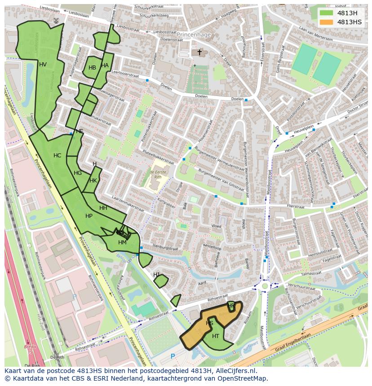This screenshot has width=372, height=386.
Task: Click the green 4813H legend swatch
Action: pyautogui.click(x=326, y=13)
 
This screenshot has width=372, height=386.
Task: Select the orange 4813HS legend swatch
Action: pyautogui.click(x=326, y=22)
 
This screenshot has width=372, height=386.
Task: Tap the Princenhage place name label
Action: pyautogui.click(x=193, y=34)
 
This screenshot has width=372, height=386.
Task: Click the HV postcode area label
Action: pyautogui.click(x=43, y=65)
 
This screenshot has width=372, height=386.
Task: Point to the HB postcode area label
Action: pyautogui.click(x=92, y=68)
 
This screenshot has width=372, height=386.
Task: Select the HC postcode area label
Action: pyautogui.click(x=57, y=156)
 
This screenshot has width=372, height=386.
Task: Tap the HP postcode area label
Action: pyautogui.click(x=89, y=216)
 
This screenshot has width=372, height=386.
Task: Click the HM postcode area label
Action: pyautogui.click(x=122, y=243)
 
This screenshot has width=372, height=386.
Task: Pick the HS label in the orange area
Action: pyautogui.click(x=209, y=323)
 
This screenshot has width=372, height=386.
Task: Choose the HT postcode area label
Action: pyautogui.click(x=216, y=336)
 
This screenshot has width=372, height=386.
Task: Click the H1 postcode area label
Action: pyautogui.click(x=156, y=274)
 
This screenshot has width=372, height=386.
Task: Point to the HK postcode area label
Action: pyautogui.click(x=93, y=181)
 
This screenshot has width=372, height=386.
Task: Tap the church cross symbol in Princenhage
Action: pyautogui.click(x=199, y=52)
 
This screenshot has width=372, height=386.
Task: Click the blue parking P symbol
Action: pyautogui.click(x=173, y=356)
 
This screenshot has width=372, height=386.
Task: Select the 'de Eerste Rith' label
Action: pyautogui.click(x=155, y=174)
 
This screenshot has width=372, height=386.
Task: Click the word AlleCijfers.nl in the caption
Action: pyautogui.click(x=234, y=371)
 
